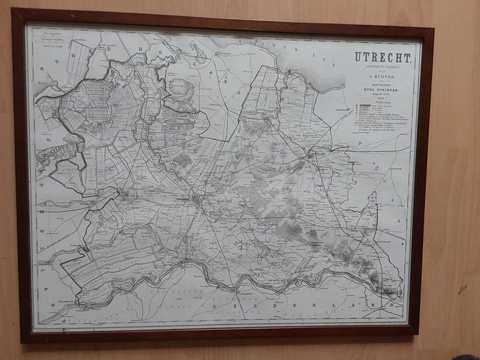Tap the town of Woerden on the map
tap(124, 194)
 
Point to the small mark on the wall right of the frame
tap(463, 289)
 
